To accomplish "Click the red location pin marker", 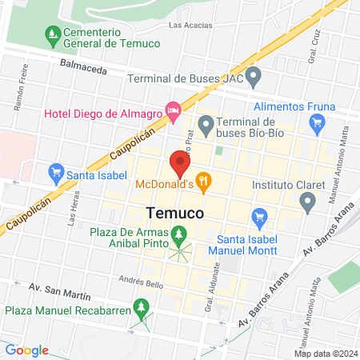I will (179, 165).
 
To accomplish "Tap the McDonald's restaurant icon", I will (204, 184).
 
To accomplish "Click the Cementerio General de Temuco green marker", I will (54, 34).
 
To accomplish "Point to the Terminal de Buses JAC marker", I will (254, 78).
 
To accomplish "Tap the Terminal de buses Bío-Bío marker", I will (206, 122).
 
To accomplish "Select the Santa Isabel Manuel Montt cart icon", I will (258, 217).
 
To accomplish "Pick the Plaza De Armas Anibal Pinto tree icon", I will (179, 234).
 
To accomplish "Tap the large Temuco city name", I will (174, 213).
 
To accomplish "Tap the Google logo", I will (26, 350).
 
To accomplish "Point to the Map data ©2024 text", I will (325, 353).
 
